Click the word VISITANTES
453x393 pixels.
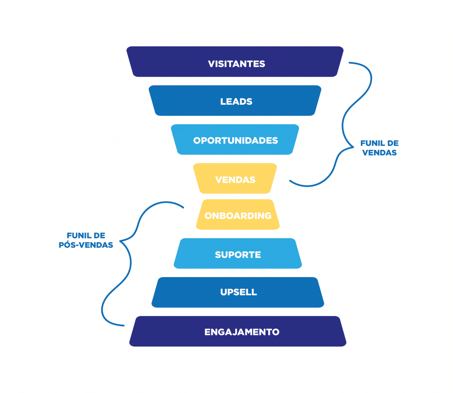pyautogui.click(x=237, y=64)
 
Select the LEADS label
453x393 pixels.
pyautogui.click(x=236, y=102)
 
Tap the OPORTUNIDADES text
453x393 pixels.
pyautogui.click(x=235, y=141)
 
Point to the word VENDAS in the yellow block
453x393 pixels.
pyautogui.click(x=235, y=180)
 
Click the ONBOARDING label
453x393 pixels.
pyautogui.click(x=238, y=216)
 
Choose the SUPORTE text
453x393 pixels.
pyautogui.click(x=238, y=255)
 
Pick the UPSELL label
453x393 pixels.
pyautogui.click(x=238, y=292)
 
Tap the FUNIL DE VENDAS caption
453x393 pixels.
pyautogui.click(x=379, y=148)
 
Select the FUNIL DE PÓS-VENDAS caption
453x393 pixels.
pyautogui.click(x=86, y=240)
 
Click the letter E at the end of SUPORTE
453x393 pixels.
pyautogui.click(x=258, y=255)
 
